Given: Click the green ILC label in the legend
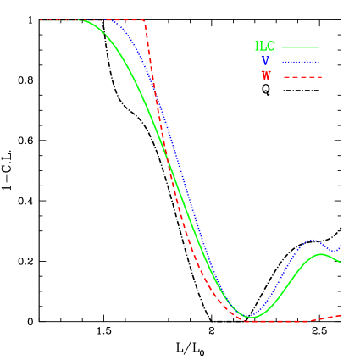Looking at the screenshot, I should point(265,47).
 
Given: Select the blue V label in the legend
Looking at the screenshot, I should point(265,61).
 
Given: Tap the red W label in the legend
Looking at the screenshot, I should point(266,76).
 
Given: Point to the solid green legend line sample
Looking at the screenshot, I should point(300,47).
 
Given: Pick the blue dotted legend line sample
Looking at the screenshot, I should point(300,62).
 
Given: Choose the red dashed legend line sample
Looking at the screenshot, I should point(302,77).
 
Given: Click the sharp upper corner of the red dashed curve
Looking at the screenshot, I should point(144,20).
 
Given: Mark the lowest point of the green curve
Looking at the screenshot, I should point(251,318).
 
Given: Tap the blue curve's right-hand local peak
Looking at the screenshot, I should point(313,240).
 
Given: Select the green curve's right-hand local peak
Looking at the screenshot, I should point(321,253).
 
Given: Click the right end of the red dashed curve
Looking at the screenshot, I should point(341,315).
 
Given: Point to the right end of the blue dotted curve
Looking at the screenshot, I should point(341,246).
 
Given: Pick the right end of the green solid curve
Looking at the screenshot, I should point(341,263).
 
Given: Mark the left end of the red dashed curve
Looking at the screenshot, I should point(40,19).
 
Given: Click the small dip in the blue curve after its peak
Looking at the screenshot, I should point(334,251).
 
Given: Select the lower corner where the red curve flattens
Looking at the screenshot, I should point(246,321).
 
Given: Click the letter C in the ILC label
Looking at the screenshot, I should point(271,47).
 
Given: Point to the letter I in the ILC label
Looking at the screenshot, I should point(258,47).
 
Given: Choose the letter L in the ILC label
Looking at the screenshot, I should point(263,47).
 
